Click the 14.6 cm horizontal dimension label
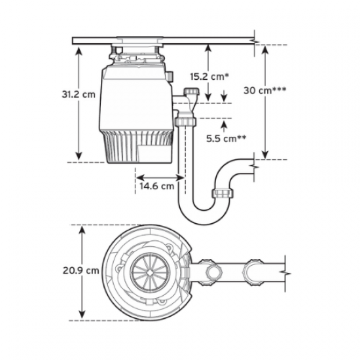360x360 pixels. tap(156, 185)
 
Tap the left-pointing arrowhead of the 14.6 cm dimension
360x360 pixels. tap(138, 175)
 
